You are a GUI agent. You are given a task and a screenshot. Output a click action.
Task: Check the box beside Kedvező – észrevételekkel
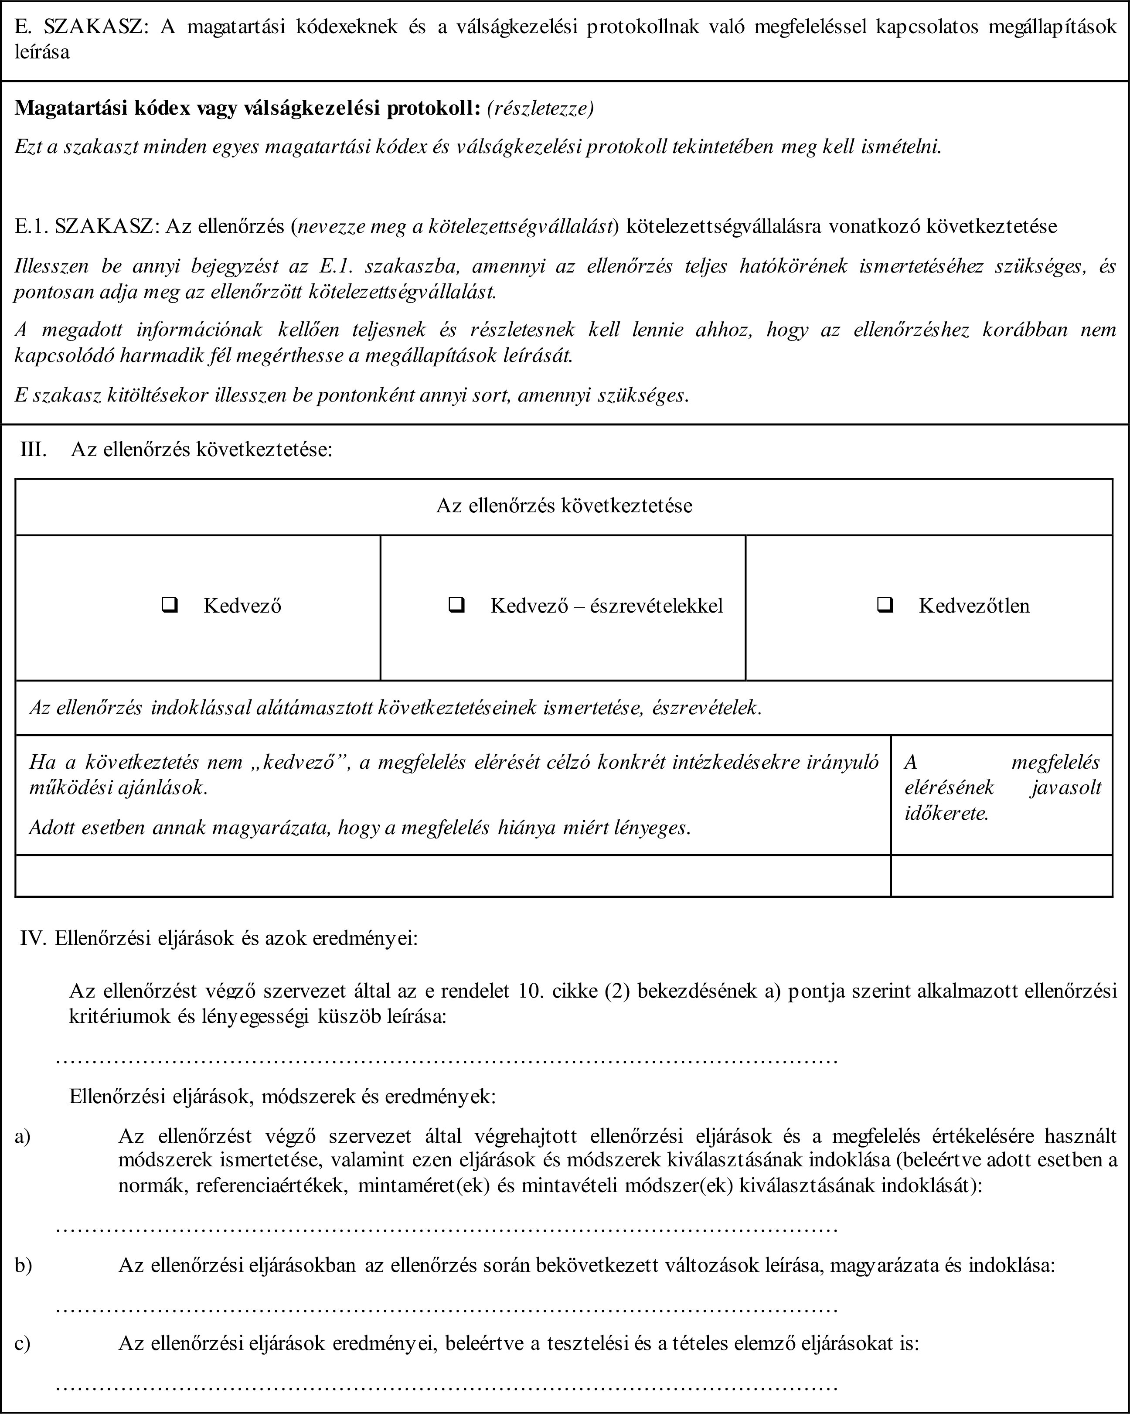[x=457, y=605]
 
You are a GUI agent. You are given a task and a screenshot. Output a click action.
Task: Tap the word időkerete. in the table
[x=946, y=814]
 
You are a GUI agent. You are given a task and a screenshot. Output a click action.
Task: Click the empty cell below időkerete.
[x=1001, y=876]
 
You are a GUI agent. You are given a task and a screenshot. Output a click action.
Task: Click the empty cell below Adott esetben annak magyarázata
[x=453, y=876]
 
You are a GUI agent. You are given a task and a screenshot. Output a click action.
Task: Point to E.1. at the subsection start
[x=31, y=226]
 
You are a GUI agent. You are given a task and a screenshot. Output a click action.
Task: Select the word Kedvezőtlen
[x=974, y=605]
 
